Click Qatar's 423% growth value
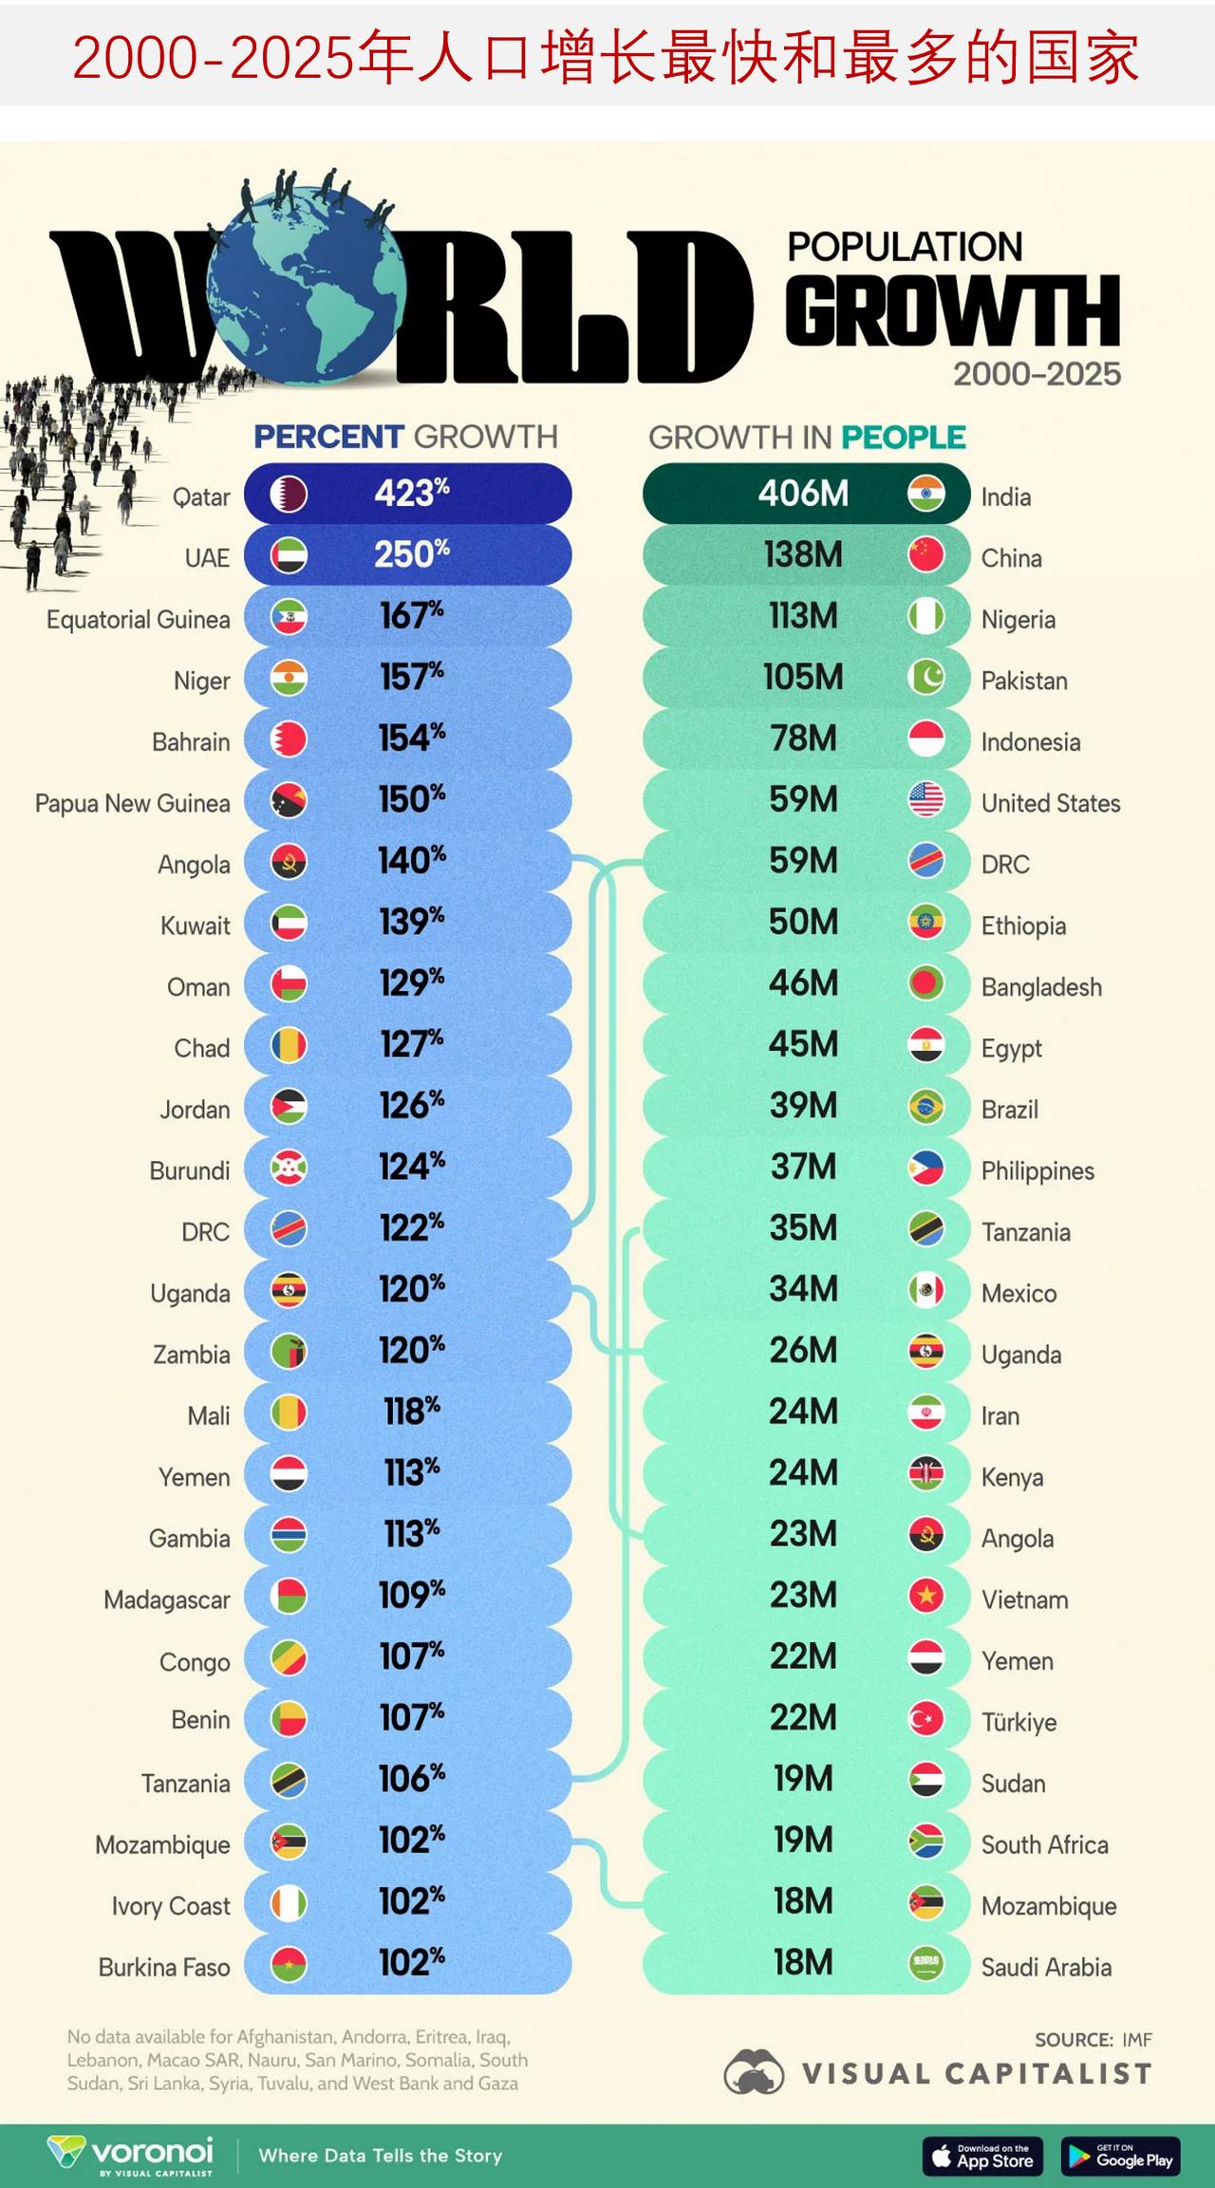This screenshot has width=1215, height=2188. (411, 494)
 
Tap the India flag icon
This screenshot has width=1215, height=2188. (925, 494)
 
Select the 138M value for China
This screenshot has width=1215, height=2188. (803, 555)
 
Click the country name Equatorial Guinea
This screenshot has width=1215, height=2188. (139, 620)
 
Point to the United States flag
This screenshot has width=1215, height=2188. (925, 800)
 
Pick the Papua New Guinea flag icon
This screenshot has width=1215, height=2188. (289, 800)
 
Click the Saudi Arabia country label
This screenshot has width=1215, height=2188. (1046, 1967)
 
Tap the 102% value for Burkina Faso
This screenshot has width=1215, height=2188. (411, 1963)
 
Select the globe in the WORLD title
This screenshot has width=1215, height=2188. (306, 285)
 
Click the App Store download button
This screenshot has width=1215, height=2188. (982, 2156)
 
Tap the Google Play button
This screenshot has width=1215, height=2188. (1121, 2156)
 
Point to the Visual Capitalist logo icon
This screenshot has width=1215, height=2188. (754, 2071)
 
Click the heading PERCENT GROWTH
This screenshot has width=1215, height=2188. (405, 437)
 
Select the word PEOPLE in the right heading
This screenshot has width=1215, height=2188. (903, 438)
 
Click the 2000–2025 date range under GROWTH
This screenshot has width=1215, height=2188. (1037, 374)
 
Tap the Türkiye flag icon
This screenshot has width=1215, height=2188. (925, 1718)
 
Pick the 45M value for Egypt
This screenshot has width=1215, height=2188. (803, 1044)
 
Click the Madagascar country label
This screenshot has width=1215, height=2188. (167, 1600)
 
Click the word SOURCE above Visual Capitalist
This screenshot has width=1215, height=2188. (1074, 2039)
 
